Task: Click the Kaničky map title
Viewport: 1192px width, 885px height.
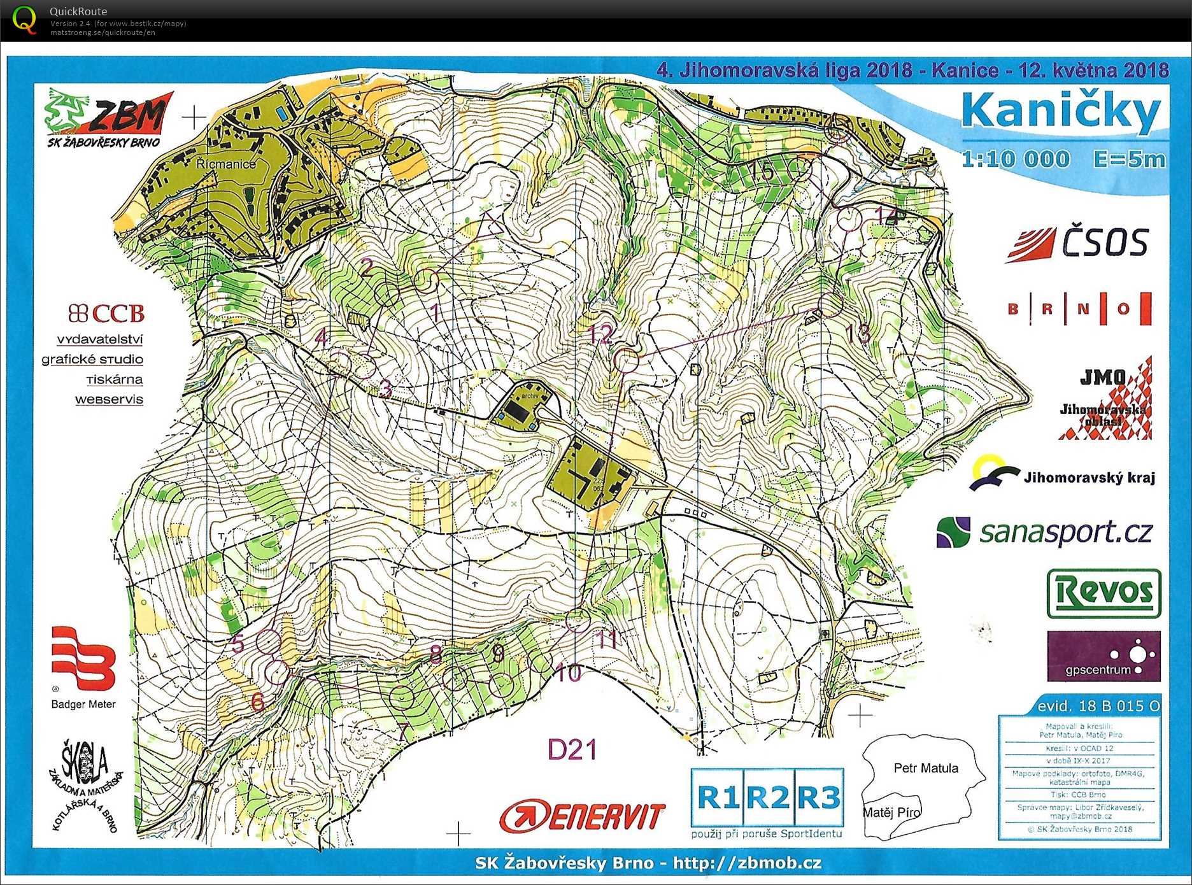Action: (1061, 112)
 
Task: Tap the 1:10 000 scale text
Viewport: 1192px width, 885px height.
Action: (1016, 159)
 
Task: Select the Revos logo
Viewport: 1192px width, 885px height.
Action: (1103, 593)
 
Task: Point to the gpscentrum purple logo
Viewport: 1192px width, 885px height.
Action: (1103, 656)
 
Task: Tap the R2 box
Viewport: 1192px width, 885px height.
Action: (767, 797)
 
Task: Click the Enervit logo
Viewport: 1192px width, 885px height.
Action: (582, 816)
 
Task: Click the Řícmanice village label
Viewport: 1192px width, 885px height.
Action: (225, 164)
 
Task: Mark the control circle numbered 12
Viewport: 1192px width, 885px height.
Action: (627, 360)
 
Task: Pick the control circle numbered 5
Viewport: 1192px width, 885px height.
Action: (268, 641)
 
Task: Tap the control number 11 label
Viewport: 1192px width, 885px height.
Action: (607, 639)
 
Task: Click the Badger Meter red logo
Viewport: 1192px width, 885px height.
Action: (83, 659)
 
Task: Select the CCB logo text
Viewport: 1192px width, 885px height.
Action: (107, 313)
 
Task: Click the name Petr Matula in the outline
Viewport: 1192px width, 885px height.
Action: (925, 768)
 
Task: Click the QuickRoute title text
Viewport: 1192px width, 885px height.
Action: (78, 11)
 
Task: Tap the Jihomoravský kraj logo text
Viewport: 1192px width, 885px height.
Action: (1088, 478)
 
